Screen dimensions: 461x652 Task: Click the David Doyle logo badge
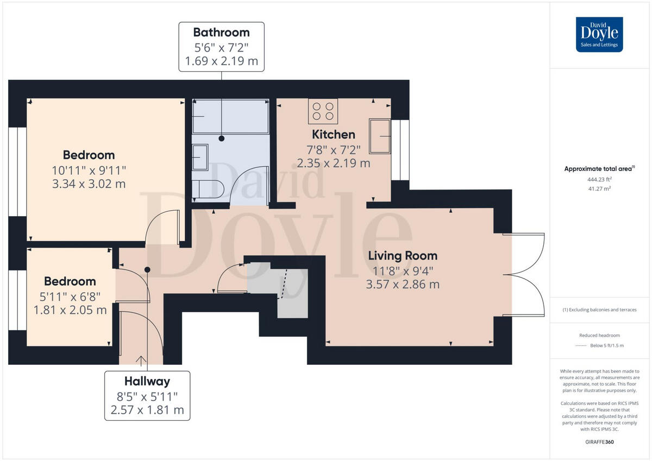599,34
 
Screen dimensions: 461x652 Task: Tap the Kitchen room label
333,134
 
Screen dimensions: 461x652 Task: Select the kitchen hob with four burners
323,111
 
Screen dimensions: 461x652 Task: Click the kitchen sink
379,135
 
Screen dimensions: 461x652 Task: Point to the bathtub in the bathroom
230,116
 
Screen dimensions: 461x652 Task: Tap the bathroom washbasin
199,157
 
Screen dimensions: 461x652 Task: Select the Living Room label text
402,255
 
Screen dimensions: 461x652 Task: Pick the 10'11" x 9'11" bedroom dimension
89,169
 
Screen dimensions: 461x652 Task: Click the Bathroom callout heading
221,32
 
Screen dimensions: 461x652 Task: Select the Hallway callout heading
147,381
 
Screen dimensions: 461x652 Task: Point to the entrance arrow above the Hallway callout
141,360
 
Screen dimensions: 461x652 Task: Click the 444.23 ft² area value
599,179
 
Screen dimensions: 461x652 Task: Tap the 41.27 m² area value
599,188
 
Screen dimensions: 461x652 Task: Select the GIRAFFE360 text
599,443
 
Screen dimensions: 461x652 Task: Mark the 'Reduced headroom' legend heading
599,336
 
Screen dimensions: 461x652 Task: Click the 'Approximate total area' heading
598,169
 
